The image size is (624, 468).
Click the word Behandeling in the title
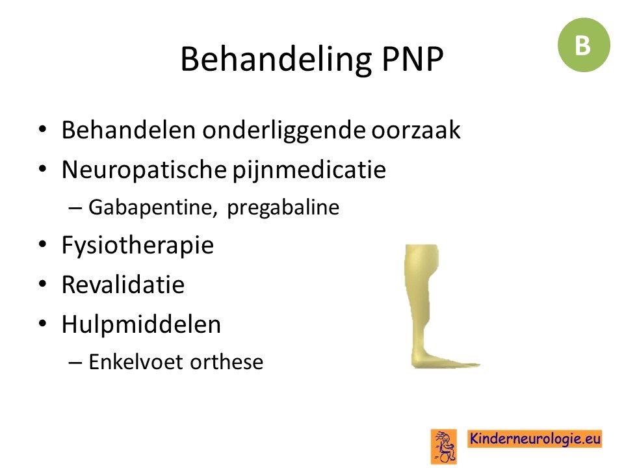(276, 60)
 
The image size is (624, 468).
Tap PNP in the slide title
(412, 59)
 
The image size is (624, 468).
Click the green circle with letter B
(584, 45)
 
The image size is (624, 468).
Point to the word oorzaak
(416, 131)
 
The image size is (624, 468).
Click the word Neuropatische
(144, 170)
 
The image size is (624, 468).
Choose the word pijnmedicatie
(309, 170)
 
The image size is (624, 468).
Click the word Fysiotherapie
(138, 246)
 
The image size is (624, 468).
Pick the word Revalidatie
(123, 285)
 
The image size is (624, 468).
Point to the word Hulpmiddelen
(141, 324)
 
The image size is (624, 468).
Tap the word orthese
(226, 362)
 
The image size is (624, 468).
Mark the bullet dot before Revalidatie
(43, 284)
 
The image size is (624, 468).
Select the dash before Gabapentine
(75, 208)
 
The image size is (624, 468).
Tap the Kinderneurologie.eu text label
(534, 439)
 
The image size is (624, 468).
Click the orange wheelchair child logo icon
(444, 446)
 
